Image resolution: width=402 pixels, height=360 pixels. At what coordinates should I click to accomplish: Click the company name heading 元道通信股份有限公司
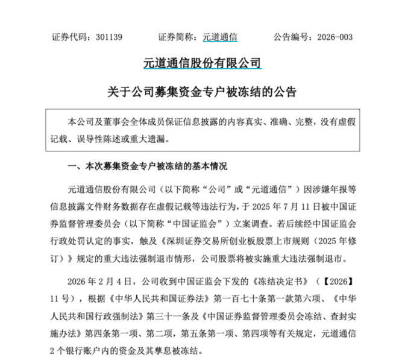[x=202, y=62]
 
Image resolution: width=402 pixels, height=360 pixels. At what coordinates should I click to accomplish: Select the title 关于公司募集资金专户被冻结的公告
[x=201, y=92]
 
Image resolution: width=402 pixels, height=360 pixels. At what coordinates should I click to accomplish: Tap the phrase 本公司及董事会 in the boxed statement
[x=98, y=121]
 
